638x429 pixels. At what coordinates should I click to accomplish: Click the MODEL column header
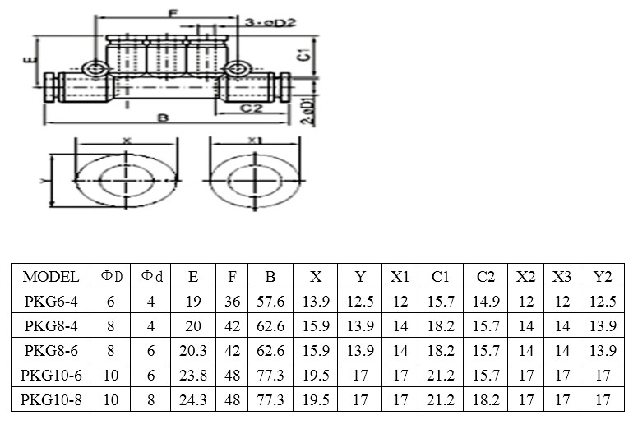(x=51, y=277)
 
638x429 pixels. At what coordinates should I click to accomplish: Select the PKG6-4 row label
(x=51, y=302)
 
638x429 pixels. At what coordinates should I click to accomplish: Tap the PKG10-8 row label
(x=51, y=401)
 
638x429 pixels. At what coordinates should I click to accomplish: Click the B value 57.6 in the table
(x=270, y=302)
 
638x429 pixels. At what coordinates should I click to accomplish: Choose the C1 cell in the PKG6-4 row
(x=440, y=302)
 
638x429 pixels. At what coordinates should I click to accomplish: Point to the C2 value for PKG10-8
(x=485, y=401)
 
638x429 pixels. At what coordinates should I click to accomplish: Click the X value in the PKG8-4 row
(x=316, y=326)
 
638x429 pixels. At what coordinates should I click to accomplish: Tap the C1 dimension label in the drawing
(x=304, y=56)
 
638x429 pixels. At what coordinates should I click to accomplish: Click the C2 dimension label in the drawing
(x=251, y=108)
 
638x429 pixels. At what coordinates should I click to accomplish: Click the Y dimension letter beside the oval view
(x=43, y=178)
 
